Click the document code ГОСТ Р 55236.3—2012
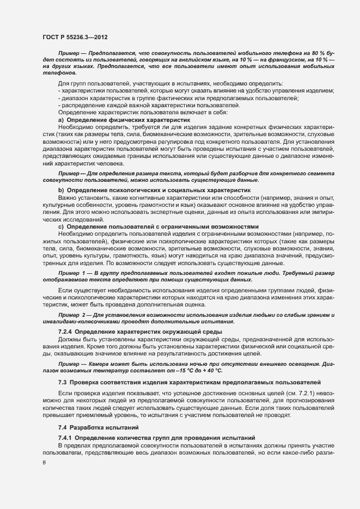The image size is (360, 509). pos(74,37)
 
